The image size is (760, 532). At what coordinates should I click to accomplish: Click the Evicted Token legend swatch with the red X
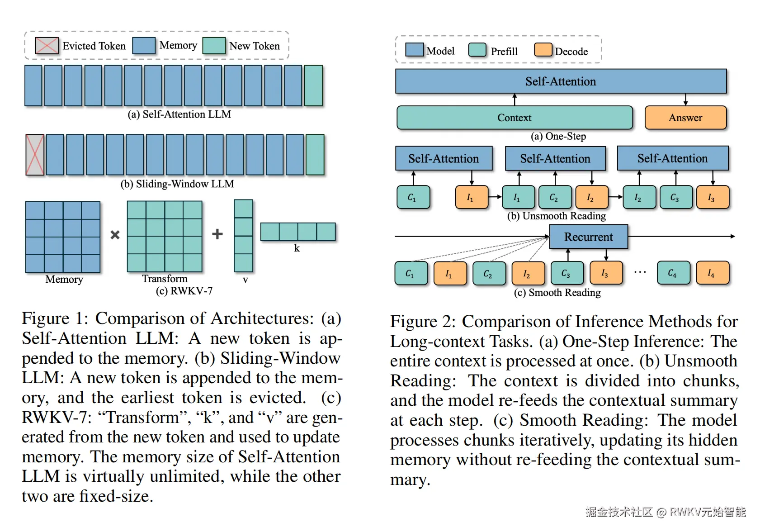click(47, 46)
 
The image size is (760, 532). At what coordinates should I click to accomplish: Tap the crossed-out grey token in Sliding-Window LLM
click(35, 155)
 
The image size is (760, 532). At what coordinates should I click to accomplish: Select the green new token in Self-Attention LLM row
click(313, 85)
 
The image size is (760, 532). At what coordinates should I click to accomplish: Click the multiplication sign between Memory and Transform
click(115, 235)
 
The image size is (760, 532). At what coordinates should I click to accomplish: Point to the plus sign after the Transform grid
click(217, 234)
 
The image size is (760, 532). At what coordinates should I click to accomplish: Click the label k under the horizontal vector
click(297, 248)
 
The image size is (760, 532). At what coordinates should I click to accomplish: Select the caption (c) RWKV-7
click(184, 291)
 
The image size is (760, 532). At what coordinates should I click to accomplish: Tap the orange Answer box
click(685, 118)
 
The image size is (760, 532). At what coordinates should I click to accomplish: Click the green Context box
click(515, 118)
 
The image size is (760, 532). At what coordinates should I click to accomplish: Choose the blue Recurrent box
click(588, 237)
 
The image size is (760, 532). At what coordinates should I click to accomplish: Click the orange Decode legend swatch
click(543, 50)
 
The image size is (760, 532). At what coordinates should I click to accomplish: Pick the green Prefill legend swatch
click(477, 50)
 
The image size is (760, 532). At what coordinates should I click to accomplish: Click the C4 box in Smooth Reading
click(673, 273)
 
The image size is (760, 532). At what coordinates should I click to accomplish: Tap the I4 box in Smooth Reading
click(712, 273)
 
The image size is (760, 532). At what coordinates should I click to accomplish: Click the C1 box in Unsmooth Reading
click(413, 198)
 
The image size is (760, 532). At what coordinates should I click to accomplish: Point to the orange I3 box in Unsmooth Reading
click(712, 198)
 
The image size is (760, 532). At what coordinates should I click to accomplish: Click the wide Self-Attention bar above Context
click(561, 81)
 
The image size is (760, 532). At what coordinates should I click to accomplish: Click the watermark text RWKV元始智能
click(708, 512)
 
